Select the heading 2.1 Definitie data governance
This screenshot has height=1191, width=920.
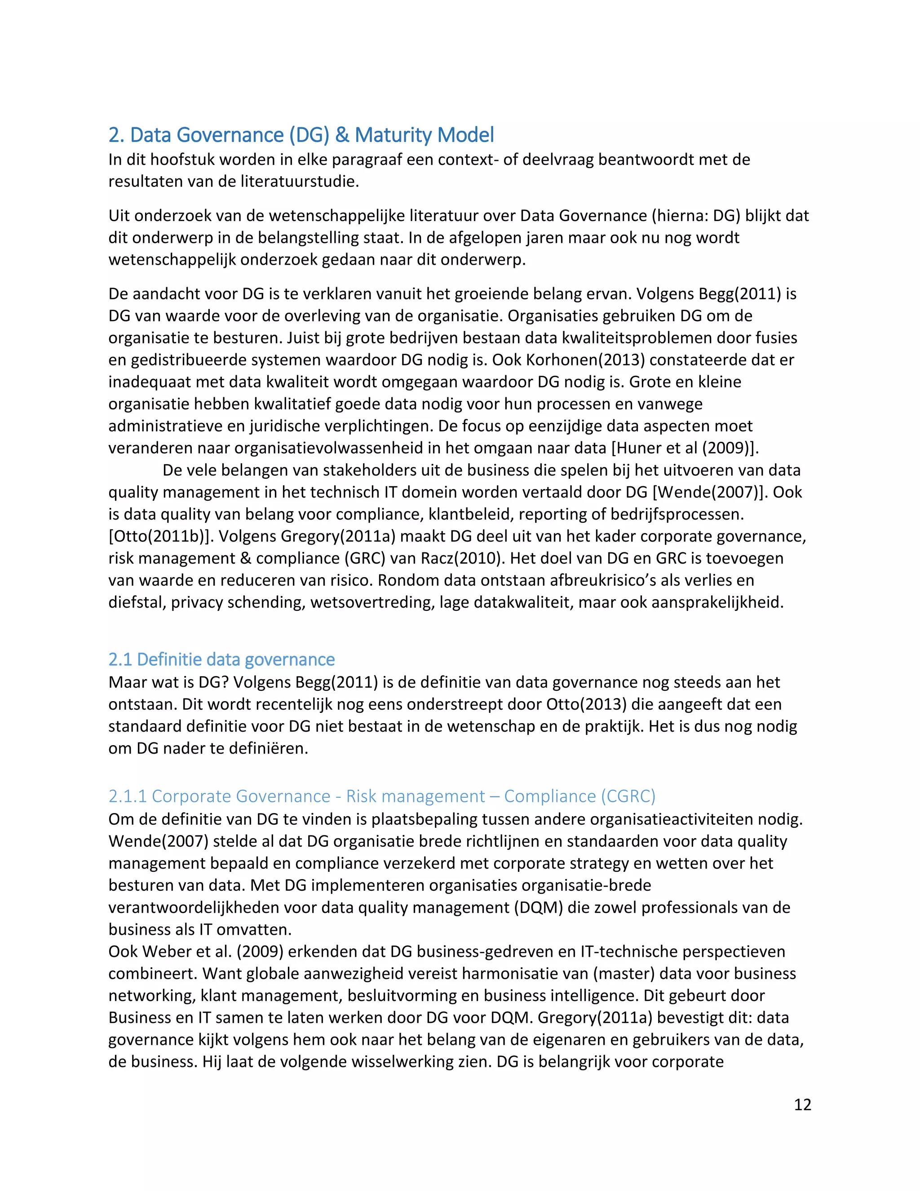(x=221, y=659)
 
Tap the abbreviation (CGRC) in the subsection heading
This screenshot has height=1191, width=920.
(x=628, y=796)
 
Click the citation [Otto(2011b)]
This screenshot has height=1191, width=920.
(x=161, y=537)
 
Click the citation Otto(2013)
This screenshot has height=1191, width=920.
(x=586, y=705)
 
